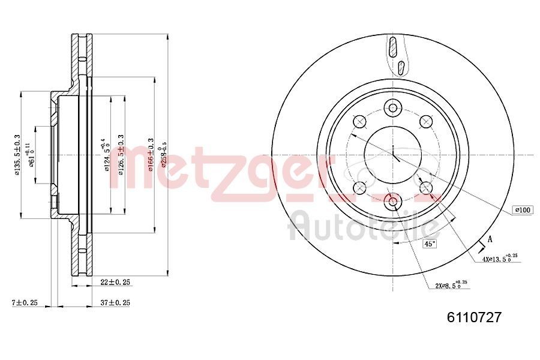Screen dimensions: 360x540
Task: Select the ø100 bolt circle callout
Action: click(521, 210)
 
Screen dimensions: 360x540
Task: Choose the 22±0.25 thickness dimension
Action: click(116, 281)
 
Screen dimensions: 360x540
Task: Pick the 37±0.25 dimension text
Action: click(115, 303)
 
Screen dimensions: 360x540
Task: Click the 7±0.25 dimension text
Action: click(24, 303)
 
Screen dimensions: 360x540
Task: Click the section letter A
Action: click(490, 239)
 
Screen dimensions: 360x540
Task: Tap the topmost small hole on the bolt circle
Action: click(394, 108)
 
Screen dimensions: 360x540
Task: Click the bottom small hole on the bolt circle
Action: click(394, 202)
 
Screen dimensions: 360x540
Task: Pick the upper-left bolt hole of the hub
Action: click(361, 122)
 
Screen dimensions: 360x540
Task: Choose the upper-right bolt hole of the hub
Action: click(427, 122)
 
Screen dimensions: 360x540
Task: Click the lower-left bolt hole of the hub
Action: click(361, 188)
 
